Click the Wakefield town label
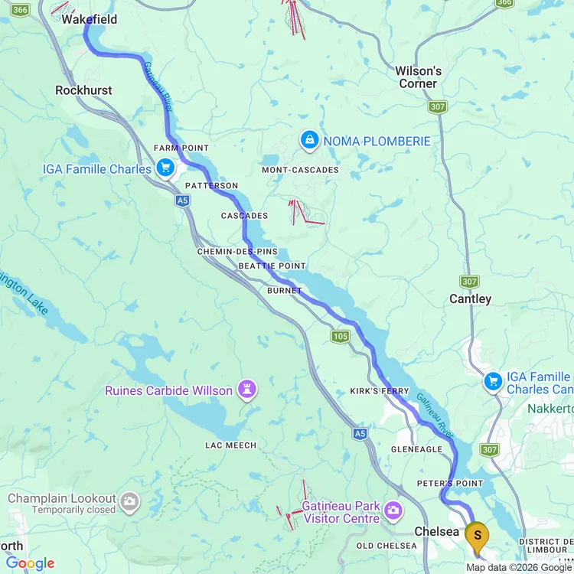(90, 19)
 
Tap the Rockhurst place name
(83, 90)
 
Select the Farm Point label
(181, 148)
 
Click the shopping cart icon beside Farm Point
(165, 168)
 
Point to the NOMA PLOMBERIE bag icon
(309, 140)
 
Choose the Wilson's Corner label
(418, 77)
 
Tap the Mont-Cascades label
(300, 170)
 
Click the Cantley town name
(470, 299)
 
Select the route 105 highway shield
(341, 336)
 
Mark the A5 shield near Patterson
(181, 201)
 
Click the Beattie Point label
(272, 266)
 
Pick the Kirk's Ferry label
(380, 391)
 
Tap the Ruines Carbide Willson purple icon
(246, 390)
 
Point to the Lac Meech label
(231, 445)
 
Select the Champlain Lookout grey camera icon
(129, 501)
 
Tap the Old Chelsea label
(386, 546)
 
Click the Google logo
(31, 564)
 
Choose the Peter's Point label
(450, 484)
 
